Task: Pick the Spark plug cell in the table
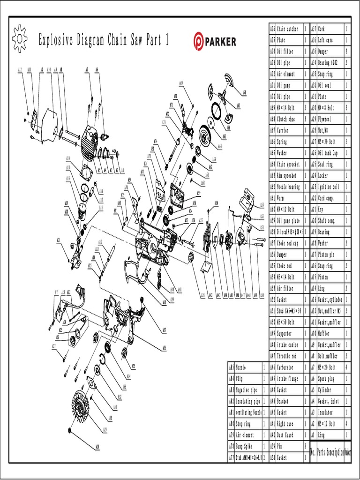[330, 379]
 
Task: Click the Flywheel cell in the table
[330, 119]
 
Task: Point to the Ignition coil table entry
[330, 187]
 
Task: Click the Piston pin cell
[330, 255]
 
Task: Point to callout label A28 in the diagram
[97, 446]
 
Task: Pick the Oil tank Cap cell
[330, 153]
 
